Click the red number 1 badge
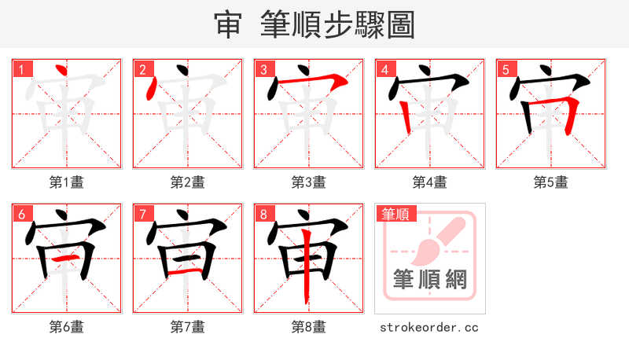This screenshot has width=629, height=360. pyautogui.click(x=21, y=69)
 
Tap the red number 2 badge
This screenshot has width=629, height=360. pyautogui.click(x=142, y=69)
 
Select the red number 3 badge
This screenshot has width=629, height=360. pyautogui.click(x=263, y=69)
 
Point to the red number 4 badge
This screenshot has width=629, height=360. pyautogui.click(x=384, y=69)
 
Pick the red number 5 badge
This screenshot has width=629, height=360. pyautogui.click(x=506, y=69)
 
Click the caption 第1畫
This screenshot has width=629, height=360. pyautogui.click(x=66, y=182)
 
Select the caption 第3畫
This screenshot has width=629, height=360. pyautogui.click(x=308, y=182)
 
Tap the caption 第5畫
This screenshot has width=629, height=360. pyautogui.click(x=550, y=182)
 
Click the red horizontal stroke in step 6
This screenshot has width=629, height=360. pyautogui.click(x=67, y=258)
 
